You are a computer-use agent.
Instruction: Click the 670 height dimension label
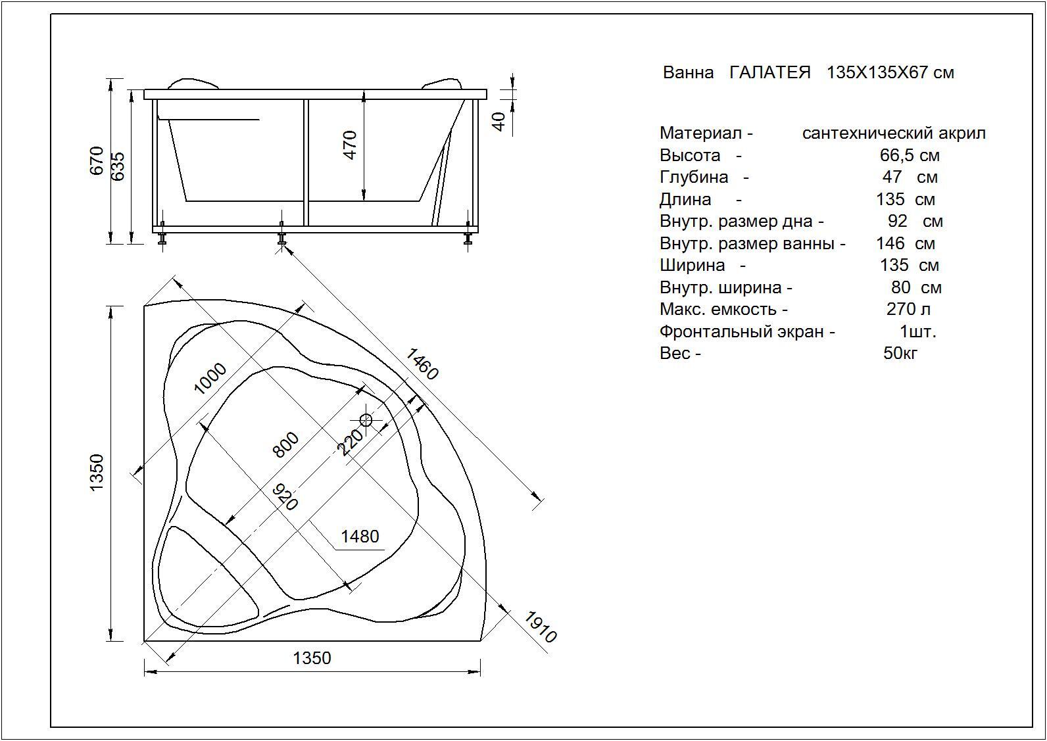96,160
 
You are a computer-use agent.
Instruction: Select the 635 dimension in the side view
118,166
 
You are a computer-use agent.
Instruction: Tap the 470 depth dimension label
350,145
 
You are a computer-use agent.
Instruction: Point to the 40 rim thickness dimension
499,122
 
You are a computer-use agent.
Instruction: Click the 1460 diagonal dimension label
422,364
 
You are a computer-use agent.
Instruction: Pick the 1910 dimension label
541,627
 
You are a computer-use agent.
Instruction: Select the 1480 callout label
360,537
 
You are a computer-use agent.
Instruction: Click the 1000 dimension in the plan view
210,379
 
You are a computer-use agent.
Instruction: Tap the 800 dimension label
285,444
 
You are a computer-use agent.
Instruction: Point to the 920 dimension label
285,496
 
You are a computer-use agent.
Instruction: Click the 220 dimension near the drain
350,442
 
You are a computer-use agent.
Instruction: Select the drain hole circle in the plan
366,421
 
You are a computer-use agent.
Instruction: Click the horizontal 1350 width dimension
312,658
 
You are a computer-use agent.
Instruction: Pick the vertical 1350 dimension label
96,472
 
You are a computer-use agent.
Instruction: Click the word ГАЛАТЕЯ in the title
770,72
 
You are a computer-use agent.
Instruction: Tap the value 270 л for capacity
908,309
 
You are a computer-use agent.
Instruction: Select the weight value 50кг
900,353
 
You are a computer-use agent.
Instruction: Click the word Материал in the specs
700,133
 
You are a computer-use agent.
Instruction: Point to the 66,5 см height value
910,156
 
